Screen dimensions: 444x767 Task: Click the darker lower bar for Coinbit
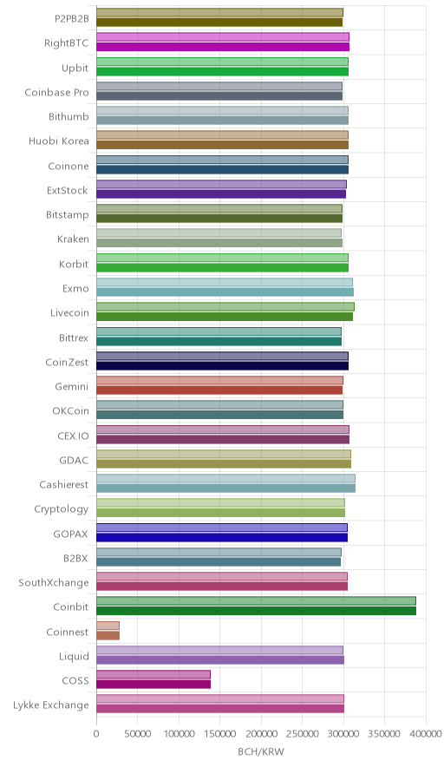tap(256, 611)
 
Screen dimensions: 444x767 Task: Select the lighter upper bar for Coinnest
tap(108, 626)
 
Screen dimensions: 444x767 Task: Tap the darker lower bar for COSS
tap(153, 685)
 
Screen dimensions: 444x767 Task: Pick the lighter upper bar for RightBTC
tap(223, 36)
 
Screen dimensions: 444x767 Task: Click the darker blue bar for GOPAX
tap(222, 537)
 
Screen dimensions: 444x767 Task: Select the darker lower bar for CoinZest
tap(223, 365)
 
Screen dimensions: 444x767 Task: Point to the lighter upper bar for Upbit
tap(223, 62)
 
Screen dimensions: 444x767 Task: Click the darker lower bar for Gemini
tap(219, 390)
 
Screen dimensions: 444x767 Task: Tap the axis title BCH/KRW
tap(261, 752)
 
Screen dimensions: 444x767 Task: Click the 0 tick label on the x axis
tap(96, 734)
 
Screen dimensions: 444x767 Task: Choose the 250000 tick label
tap(302, 734)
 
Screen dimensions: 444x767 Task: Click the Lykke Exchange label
tap(51, 705)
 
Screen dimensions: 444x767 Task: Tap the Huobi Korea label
tap(59, 141)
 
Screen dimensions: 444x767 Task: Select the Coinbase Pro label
tap(56, 92)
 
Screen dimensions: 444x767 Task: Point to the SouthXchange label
tap(54, 582)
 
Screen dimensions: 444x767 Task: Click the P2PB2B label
tap(72, 18)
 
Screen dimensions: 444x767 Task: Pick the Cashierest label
tap(64, 484)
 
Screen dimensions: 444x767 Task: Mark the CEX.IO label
tap(74, 436)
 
